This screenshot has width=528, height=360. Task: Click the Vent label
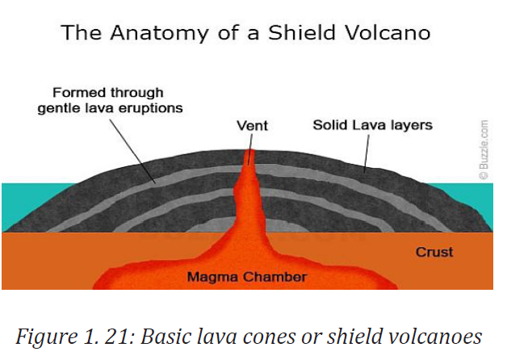[x=252, y=126]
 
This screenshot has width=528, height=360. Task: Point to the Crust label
[x=434, y=252]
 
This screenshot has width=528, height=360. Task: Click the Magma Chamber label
[x=247, y=277]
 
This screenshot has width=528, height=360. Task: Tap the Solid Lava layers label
[x=372, y=125]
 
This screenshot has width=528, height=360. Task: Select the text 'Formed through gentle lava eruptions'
[x=110, y=100]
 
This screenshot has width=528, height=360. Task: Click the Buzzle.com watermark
[x=484, y=149]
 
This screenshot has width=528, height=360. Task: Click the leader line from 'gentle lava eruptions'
[x=132, y=151]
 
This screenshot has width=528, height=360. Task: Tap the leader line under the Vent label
[x=250, y=149]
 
